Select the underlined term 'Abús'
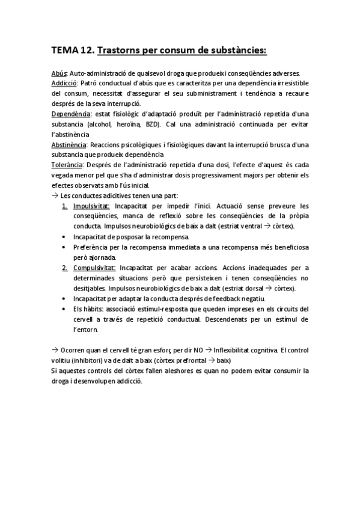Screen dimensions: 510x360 [x=59, y=73]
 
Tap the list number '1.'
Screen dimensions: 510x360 [x=64, y=206]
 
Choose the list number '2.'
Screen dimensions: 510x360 [x=64, y=267]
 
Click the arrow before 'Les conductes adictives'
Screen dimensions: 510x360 [x=55, y=195]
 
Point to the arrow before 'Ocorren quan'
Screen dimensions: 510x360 [x=55, y=349]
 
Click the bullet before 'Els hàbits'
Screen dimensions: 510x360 [x=64, y=309]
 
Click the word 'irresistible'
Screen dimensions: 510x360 [x=289, y=84]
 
